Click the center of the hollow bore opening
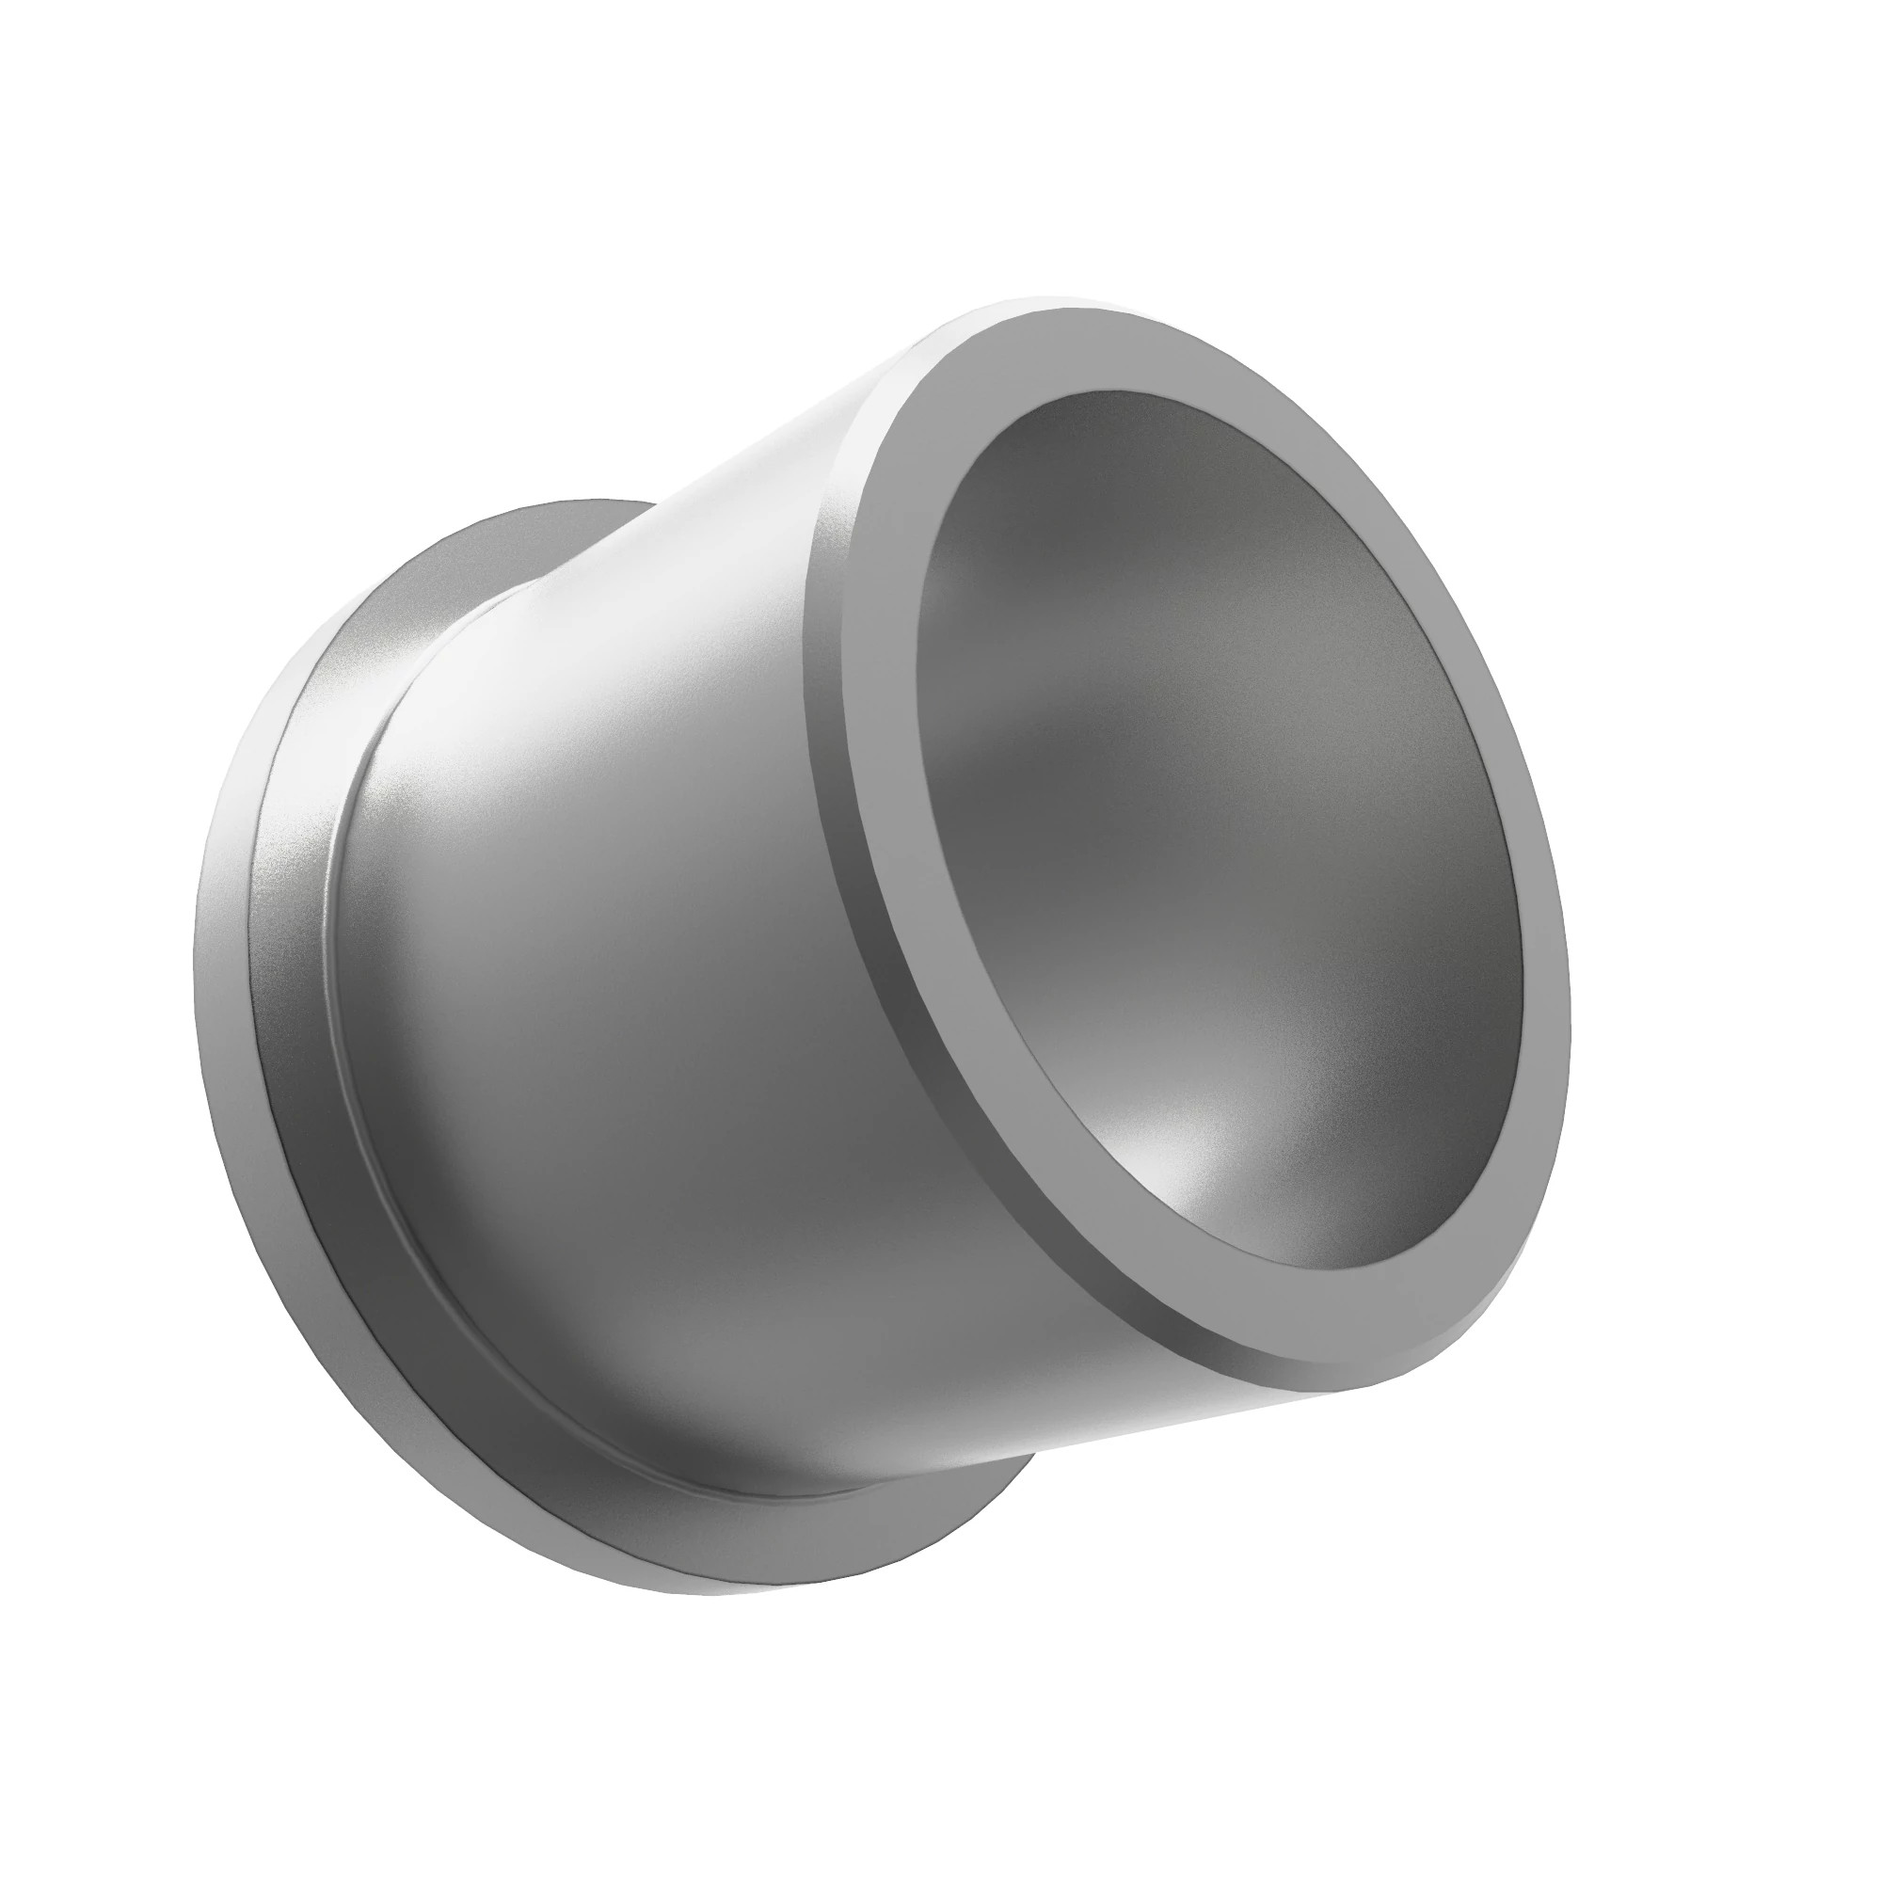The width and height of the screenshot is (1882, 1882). pyautogui.click(x=1218, y=828)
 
